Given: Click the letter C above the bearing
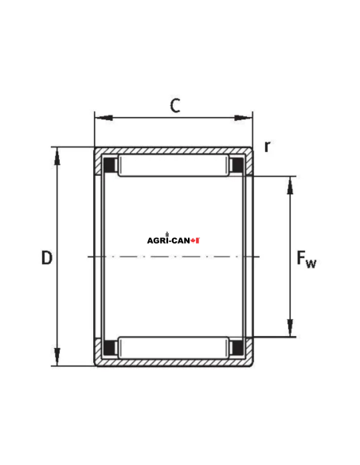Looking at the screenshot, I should [x=174, y=105].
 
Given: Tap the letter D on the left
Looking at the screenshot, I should [x=46, y=258].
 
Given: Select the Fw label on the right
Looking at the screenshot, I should [x=305, y=259].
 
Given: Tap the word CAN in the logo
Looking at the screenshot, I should [x=182, y=240].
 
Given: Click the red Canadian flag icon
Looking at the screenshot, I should [x=196, y=240].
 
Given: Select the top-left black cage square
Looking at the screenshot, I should [x=111, y=166].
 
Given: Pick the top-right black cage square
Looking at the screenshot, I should [x=237, y=166].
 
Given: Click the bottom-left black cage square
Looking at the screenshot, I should [x=111, y=347].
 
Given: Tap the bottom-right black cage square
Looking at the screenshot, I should [x=237, y=347].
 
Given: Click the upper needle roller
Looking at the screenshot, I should [x=174, y=166].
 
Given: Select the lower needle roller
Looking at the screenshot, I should [x=174, y=347].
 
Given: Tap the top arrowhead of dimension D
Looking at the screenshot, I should [x=57, y=154].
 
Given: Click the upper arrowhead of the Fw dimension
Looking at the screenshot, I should [x=290, y=183].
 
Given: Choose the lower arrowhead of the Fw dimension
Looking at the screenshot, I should [x=290, y=330].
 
